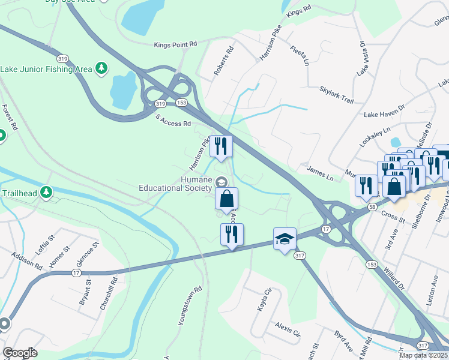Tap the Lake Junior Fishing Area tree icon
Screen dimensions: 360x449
[102, 68]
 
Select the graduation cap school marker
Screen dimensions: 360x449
[285, 238]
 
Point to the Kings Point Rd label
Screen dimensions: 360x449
[175, 44]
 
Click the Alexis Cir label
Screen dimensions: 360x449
[287, 330]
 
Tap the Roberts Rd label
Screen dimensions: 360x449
[223, 62]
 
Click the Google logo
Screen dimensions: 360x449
[20, 353]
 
